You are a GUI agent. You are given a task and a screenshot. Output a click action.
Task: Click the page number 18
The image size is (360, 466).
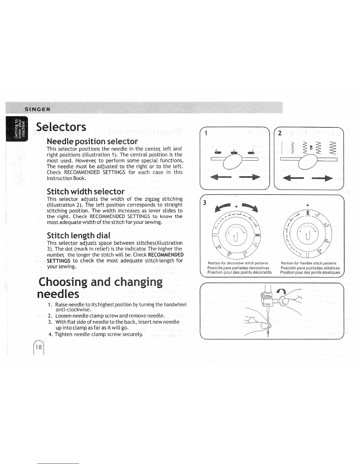39,347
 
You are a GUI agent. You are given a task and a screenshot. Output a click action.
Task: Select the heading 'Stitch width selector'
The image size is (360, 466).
86,192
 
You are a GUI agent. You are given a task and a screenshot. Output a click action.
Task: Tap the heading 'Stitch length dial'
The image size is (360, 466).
79,235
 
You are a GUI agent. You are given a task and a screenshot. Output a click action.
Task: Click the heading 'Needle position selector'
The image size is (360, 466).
92,141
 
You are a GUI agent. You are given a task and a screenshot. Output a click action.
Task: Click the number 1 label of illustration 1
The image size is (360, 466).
206,133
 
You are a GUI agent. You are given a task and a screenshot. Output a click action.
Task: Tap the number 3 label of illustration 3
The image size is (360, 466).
205,203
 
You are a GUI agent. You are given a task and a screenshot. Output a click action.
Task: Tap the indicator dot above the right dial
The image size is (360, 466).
308,205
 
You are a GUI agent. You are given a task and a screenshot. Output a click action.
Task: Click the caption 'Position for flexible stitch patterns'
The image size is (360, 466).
309,263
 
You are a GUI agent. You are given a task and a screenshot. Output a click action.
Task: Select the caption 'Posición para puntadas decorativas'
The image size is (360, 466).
238,268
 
